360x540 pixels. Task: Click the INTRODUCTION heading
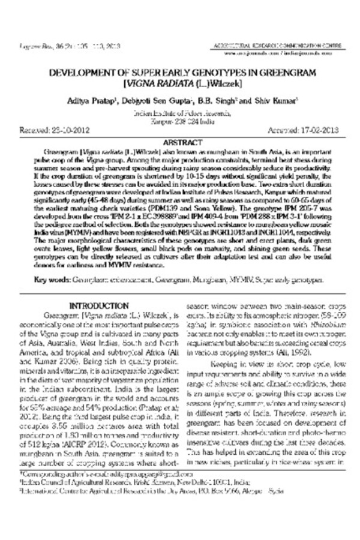click(99, 305)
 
